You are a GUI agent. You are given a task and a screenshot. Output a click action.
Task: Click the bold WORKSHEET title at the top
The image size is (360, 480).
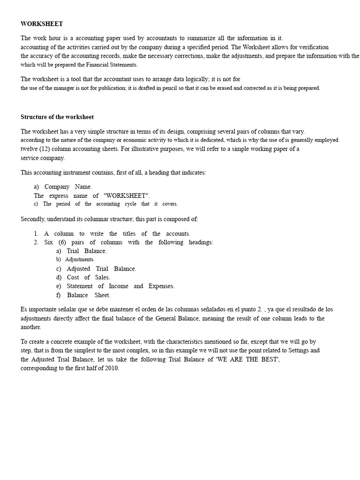pos(42,24)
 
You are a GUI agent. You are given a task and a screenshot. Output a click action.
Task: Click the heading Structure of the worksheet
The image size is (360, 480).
pos(57,117)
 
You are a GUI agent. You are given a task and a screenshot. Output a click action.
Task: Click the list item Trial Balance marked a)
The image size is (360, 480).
pos(86,251)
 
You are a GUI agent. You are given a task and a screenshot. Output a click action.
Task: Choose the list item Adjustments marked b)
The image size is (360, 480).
pos(80,259)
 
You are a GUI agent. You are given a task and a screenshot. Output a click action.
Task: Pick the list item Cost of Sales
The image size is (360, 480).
pos(88,277)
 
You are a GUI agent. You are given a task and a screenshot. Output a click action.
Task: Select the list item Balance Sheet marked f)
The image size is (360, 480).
pos(88,295)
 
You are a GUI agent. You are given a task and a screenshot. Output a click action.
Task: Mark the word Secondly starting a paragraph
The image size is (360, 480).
pos(33,219)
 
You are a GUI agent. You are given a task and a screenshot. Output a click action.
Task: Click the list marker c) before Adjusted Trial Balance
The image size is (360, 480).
pos(59,269)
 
